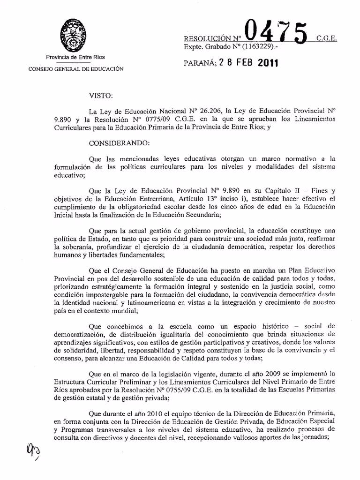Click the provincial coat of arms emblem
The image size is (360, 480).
tap(72, 36)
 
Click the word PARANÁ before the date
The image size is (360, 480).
tap(198, 63)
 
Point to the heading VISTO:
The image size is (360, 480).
tap(100, 96)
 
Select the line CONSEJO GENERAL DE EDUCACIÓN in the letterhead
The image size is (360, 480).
tap(76, 69)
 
